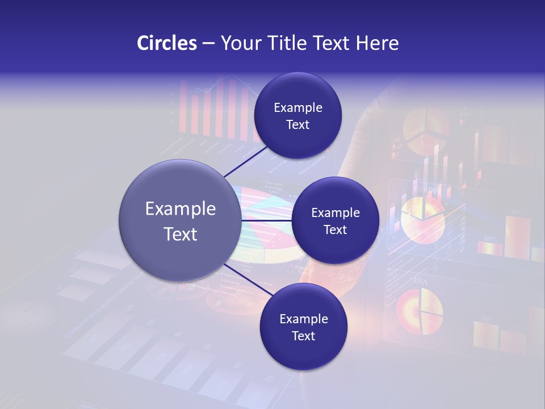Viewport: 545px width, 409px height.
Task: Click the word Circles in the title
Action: click(x=167, y=43)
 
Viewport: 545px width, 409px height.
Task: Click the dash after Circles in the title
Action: click(x=208, y=44)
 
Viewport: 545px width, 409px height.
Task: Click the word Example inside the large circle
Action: click(x=181, y=209)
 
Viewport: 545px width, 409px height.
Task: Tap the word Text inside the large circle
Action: click(x=181, y=234)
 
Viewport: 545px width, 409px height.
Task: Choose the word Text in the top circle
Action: click(x=297, y=125)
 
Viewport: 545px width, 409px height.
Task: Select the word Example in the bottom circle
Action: click(x=304, y=319)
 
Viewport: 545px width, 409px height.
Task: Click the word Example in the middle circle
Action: click(x=336, y=213)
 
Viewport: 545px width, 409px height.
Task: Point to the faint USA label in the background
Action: click(x=421, y=281)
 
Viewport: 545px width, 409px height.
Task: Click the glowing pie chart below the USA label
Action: click(x=419, y=311)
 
